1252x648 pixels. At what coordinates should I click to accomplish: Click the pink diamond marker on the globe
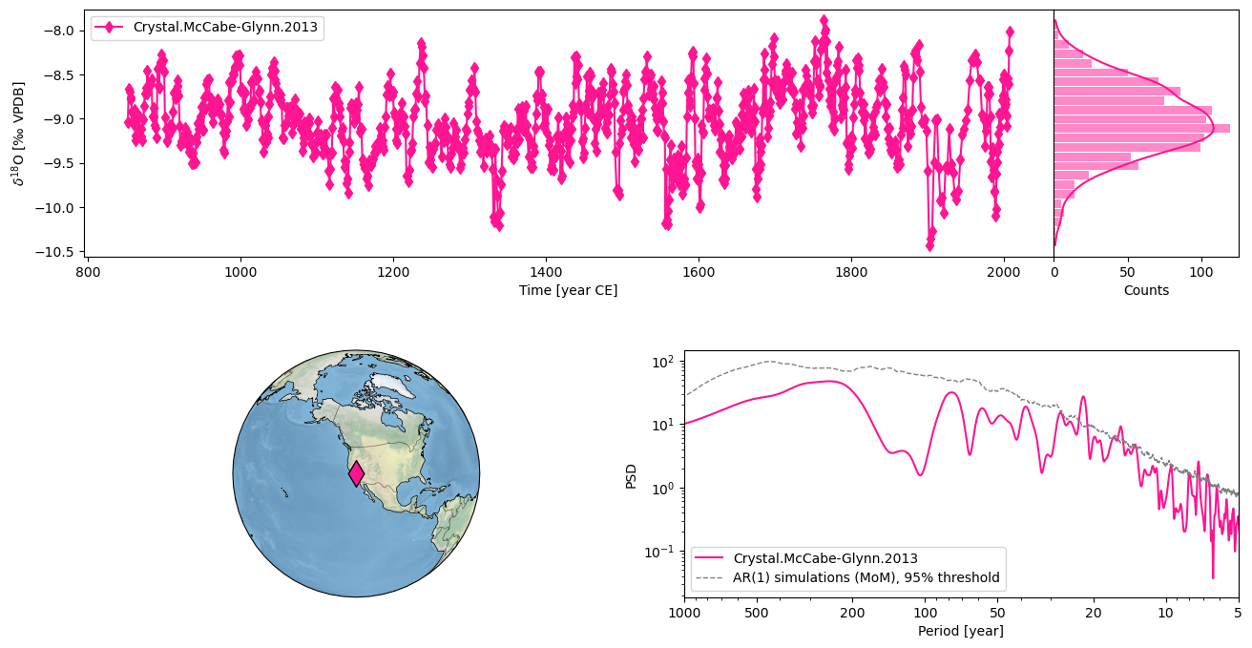tap(356, 473)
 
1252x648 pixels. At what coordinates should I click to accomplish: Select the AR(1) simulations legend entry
tap(866, 577)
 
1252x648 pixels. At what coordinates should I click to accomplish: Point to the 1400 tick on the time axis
tap(546, 258)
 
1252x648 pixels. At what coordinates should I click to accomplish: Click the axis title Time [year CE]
tap(568, 290)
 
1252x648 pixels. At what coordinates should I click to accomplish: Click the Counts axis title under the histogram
tap(1146, 290)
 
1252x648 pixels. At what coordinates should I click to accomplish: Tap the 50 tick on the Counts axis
tap(1128, 258)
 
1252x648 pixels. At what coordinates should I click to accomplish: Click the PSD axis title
tap(631, 475)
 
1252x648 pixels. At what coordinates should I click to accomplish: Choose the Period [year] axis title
tap(960, 631)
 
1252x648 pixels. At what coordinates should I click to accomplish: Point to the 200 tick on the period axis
tap(852, 597)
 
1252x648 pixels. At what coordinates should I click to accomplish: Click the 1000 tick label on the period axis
tap(684, 612)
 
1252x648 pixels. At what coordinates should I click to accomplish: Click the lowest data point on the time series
tap(929, 245)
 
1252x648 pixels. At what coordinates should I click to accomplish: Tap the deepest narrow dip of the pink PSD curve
tap(1213, 576)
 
